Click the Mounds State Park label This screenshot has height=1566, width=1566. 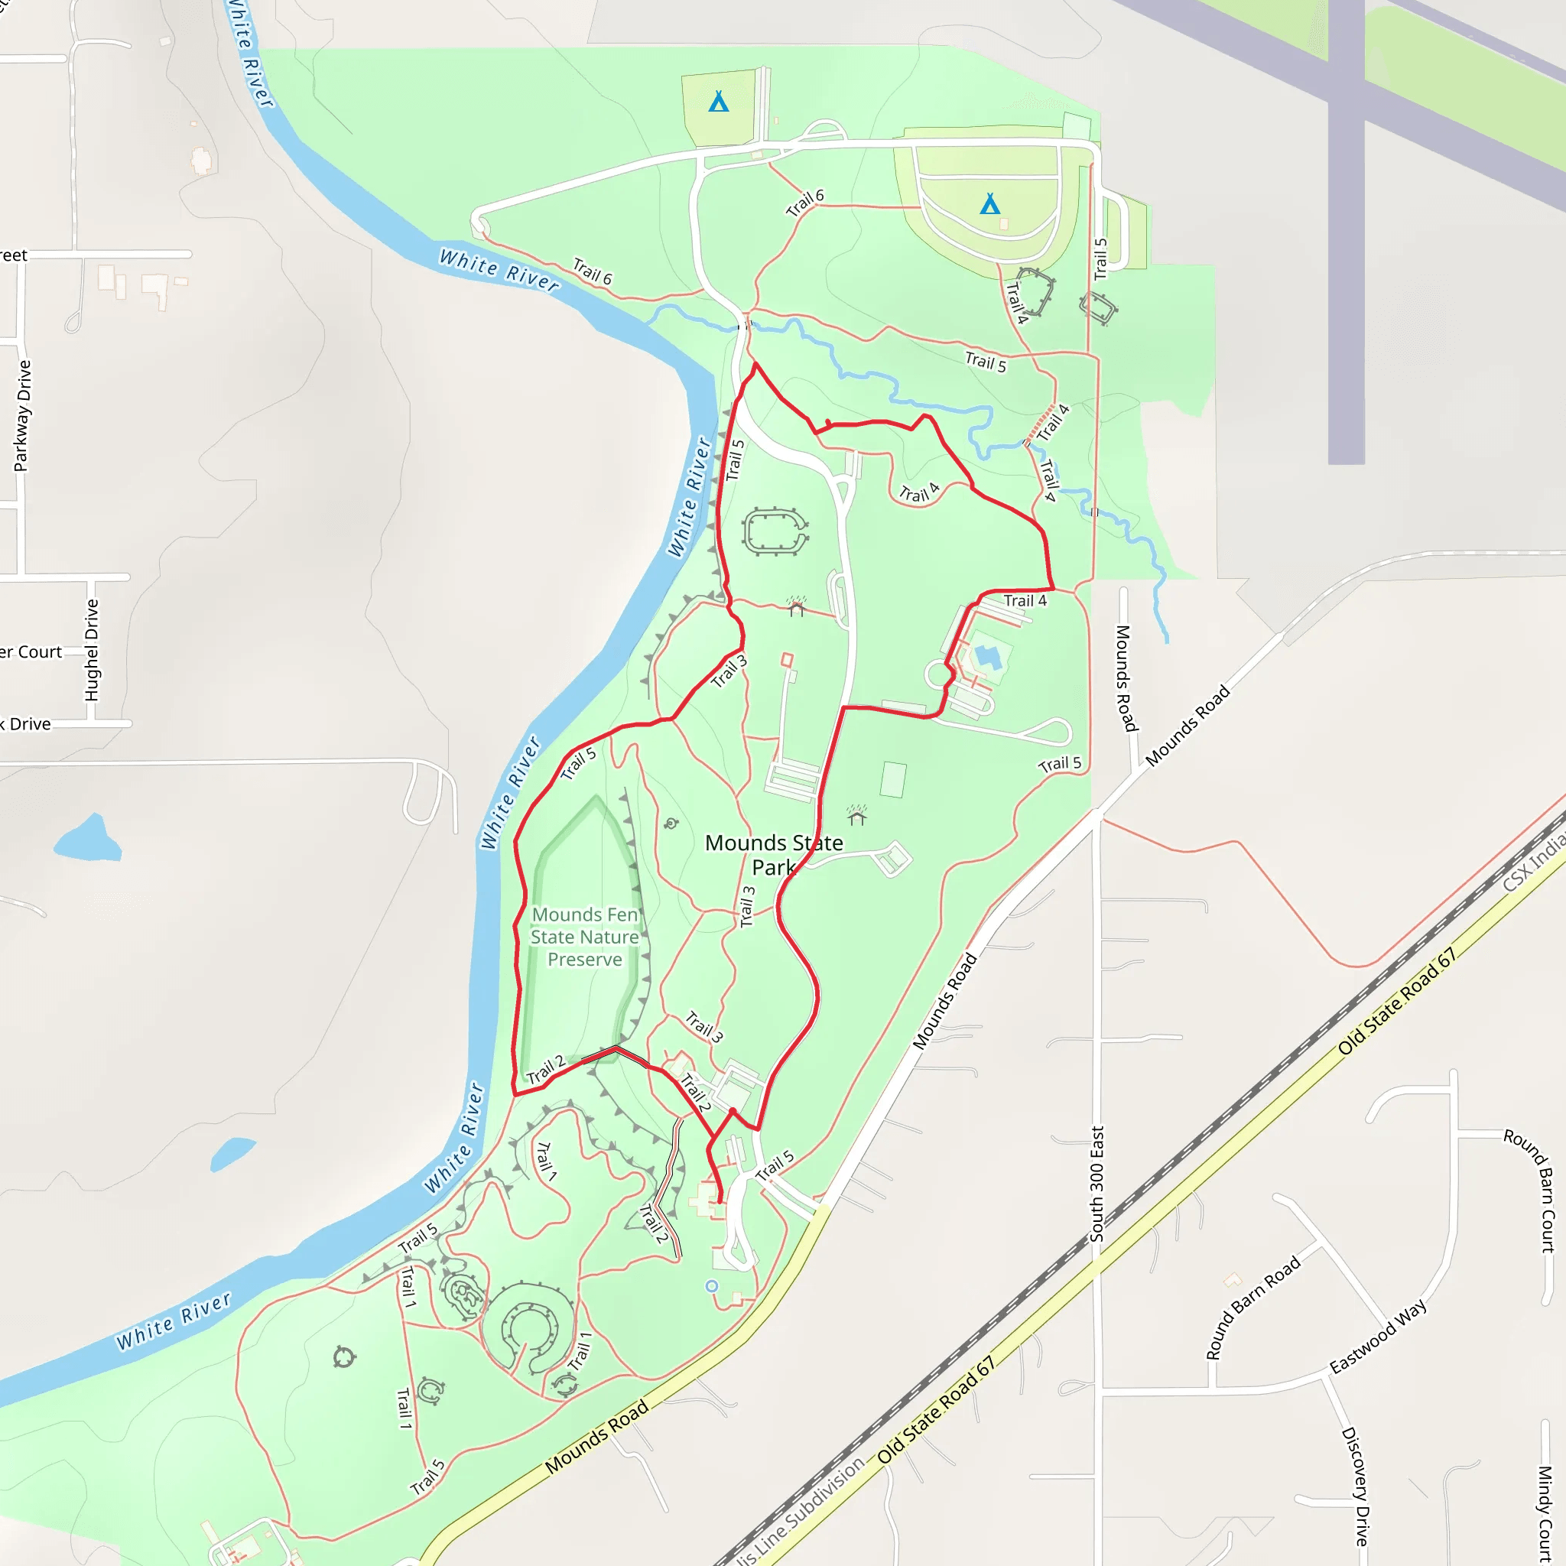click(x=773, y=855)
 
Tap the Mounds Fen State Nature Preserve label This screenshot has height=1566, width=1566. click(x=584, y=937)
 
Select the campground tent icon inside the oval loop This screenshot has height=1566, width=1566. click(x=989, y=203)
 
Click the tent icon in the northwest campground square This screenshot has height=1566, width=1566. click(x=718, y=102)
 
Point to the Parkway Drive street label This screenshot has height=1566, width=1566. click(x=23, y=416)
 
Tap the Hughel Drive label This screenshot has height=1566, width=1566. click(x=92, y=650)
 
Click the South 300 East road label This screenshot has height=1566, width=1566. click(x=1097, y=1184)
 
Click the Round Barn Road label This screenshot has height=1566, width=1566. click(x=1252, y=1307)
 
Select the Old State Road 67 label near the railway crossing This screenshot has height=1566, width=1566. click(x=1396, y=1001)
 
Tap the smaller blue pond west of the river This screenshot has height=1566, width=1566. click(x=231, y=1152)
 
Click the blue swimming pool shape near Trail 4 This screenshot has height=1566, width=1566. click(x=986, y=656)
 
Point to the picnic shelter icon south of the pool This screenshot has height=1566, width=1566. click(x=856, y=814)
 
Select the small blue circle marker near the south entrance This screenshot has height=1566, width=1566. click(x=712, y=1286)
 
